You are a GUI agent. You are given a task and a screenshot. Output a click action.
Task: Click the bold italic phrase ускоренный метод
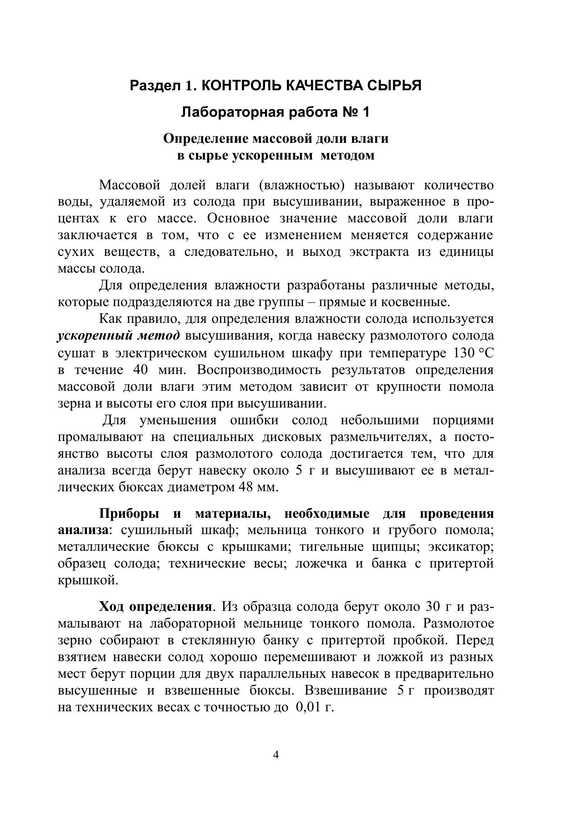click(118, 336)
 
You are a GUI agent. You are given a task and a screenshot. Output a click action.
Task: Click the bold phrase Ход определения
click(155, 607)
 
